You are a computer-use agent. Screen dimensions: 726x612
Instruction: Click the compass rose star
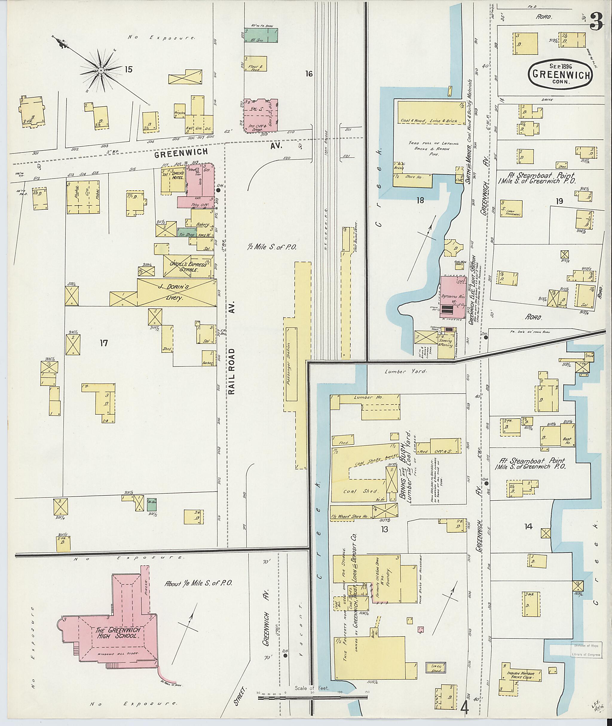pos(100,71)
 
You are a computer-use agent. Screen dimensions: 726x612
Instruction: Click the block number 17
pos(104,343)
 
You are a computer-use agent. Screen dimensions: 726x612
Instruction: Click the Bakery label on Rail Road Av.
pos(202,224)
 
